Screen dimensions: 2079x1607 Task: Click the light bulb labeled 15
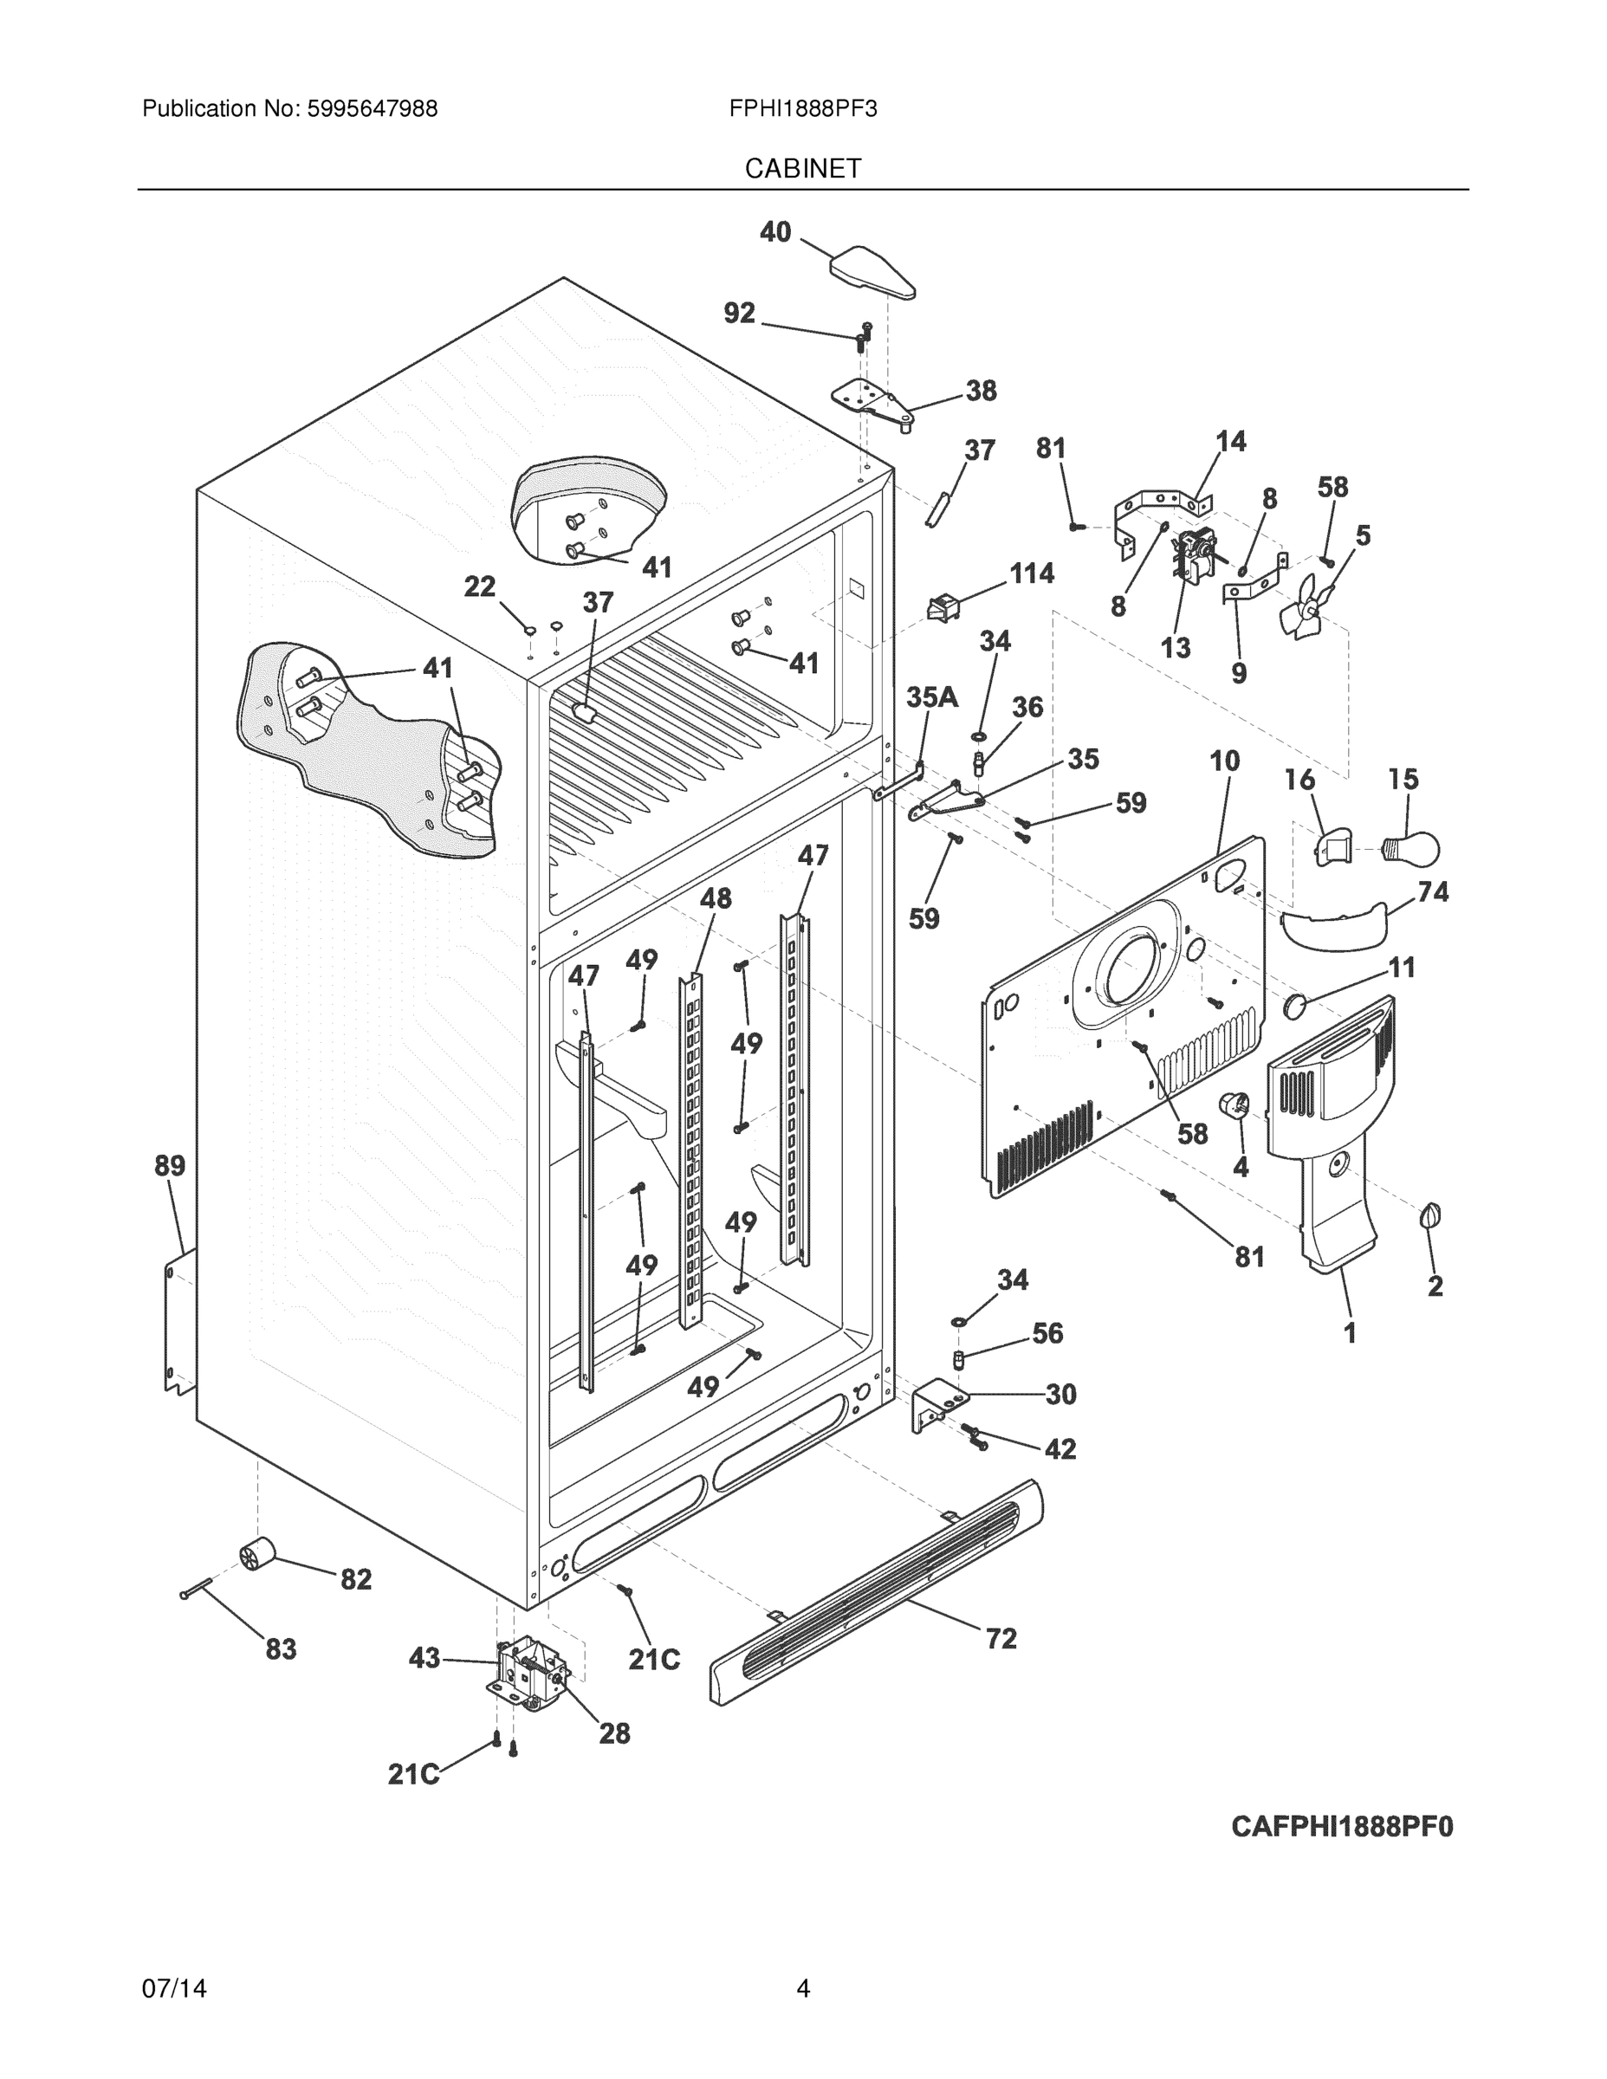1412,846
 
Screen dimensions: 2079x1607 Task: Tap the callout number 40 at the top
775,231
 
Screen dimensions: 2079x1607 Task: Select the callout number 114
1031,573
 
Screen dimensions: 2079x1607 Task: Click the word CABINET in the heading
802,169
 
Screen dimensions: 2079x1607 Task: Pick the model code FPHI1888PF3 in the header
802,108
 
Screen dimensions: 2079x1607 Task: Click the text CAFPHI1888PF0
1341,1827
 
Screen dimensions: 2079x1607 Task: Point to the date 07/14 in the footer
174,1989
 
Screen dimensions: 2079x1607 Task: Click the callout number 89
171,1165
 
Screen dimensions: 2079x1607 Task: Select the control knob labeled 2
1430,1215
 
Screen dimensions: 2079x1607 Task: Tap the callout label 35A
931,696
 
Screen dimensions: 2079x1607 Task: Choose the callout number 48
716,897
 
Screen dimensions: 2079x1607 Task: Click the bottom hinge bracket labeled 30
936,1407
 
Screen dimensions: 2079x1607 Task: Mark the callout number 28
614,1733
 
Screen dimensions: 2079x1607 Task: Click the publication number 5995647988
372,108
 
